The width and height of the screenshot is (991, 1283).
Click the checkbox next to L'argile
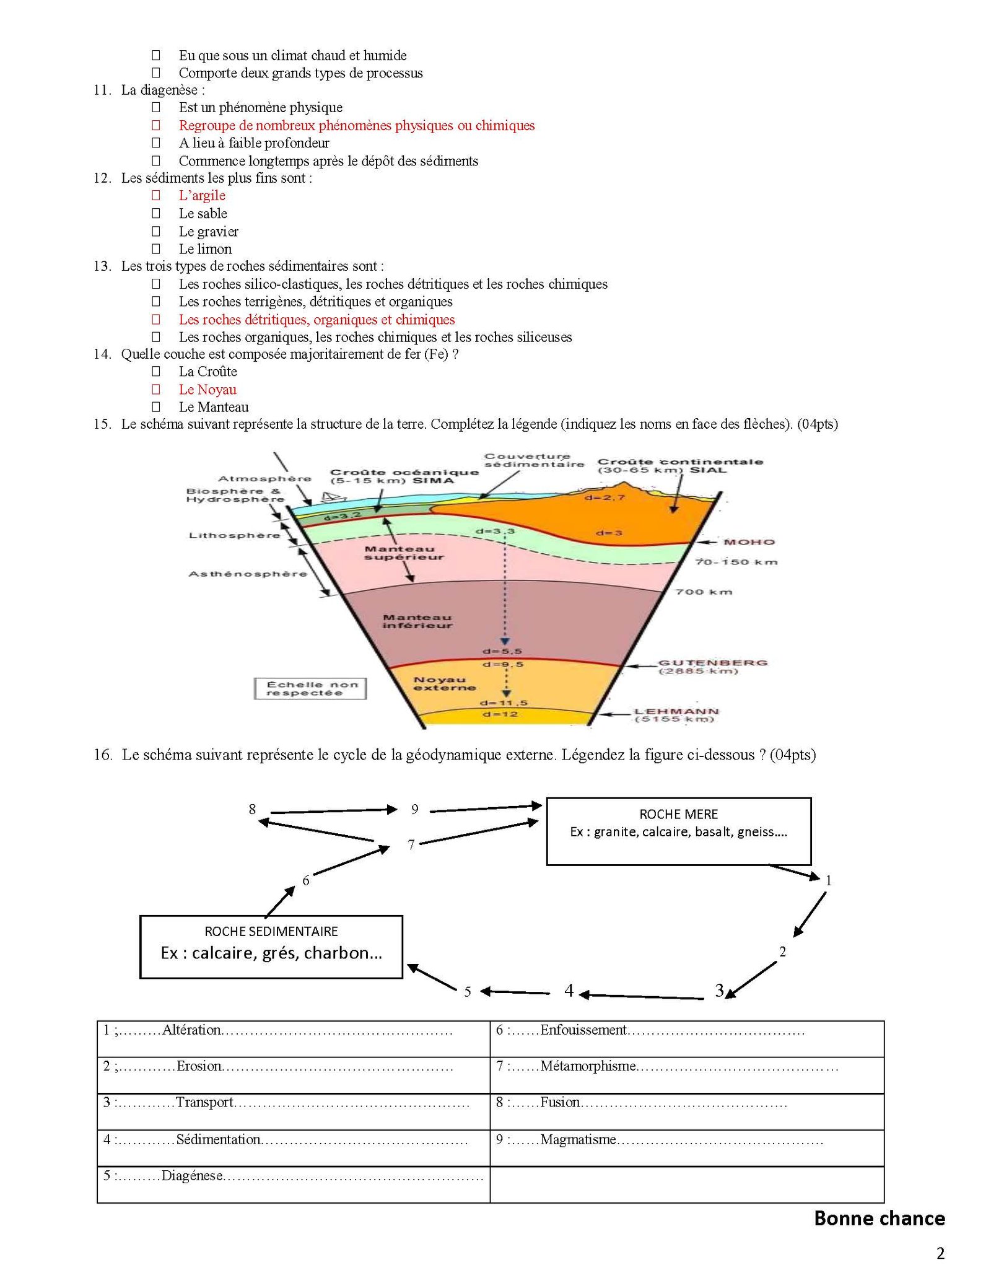[x=156, y=195]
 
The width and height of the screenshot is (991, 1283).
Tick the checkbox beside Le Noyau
[x=156, y=389]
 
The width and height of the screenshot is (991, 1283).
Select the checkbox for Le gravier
[x=156, y=231]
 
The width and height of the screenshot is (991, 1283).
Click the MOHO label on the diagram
[x=749, y=542]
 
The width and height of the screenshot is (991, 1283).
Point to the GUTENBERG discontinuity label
[x=712, y=663]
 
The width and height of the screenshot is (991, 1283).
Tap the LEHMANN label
[x=677, y=711]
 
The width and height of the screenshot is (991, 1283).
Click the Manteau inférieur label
[x=417, y=621]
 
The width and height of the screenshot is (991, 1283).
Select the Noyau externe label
[x=445, y=683]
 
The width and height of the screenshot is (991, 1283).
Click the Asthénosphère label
[x=248, y=574]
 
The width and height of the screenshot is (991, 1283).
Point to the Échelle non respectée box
[x=310, y=688]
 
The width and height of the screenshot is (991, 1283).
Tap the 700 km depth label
[x=704, y=592]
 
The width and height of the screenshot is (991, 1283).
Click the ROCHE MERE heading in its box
[x=679, y=814]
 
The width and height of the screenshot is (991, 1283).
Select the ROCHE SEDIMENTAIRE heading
[x=271, y=931]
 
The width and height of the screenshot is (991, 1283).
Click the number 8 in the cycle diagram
[x=252, y=809]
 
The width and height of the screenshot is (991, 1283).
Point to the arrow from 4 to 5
[x=515, y=992]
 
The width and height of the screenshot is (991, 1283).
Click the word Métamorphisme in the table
[x=588, y=1066]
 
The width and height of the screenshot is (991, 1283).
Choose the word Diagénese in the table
[x=192, y=1175]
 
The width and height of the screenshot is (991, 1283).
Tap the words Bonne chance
[x=880, y=1218]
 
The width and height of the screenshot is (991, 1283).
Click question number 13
[x=102, y=266]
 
